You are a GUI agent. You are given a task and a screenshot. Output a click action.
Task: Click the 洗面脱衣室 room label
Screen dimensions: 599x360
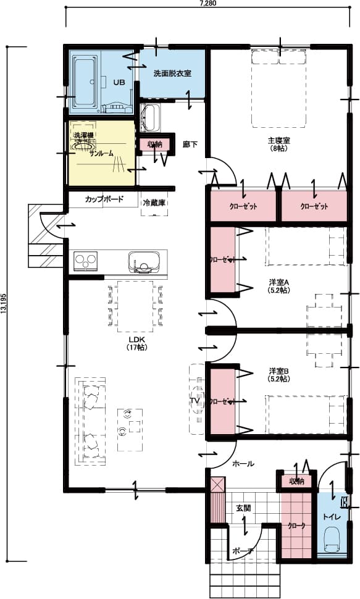pyautogui.click(x=172, y=73)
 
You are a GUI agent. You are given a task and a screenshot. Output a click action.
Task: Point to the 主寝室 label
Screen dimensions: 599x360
pyautogui.click(x=279, y=140)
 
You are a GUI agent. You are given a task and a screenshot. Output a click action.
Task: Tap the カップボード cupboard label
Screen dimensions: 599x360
pyautogui.click(x=104, y=199)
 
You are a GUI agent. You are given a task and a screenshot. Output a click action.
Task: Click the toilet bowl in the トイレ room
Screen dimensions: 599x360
pyautogui.click(x=332, y=542)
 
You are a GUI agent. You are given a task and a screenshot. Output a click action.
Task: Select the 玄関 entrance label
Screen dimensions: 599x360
pyautogui.click(x=243, y=508)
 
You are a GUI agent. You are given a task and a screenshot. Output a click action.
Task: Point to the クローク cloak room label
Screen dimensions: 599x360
pyautogui.click(x=296, y=526)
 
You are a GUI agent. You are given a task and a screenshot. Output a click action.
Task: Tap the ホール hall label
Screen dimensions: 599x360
pyautogui.click(x=243, y=464)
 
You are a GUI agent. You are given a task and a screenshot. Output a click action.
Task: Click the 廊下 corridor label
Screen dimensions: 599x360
pyautogui.click(x=190, y=145)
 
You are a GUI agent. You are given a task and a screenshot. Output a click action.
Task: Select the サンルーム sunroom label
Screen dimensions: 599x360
pyautogui.click(x=101, y=153)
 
